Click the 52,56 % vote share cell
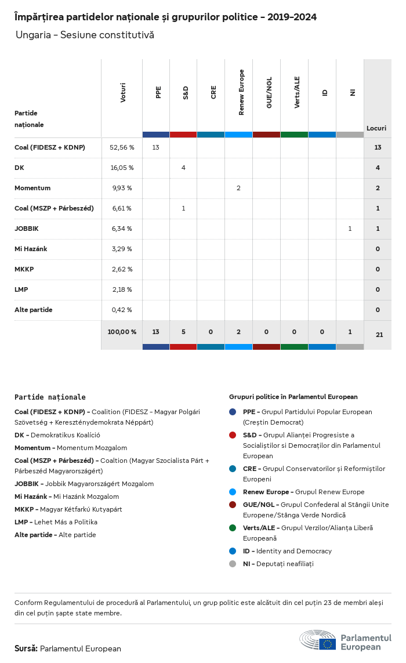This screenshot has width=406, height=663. tap(122, 147)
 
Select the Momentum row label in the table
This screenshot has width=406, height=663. tap(32, 188)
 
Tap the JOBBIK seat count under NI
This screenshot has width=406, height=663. tap(350, 229)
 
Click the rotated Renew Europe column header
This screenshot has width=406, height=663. tap(241, 92)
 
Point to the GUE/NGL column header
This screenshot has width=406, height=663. tap(269, 92)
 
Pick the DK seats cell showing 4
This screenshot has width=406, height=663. tap(183, 168)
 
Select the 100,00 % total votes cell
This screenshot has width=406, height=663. tap(122, 332)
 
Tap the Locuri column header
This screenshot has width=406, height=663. tap(376, 128)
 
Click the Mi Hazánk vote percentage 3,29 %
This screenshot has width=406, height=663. tap(122, 249)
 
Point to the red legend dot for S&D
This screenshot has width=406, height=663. tap(233, 435)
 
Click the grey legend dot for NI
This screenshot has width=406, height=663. tap(233, 564)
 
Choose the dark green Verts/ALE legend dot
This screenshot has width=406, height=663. tap(233, 528)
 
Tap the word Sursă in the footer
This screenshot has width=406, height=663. tap(26, 648)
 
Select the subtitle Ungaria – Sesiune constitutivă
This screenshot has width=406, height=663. tap(85, 35)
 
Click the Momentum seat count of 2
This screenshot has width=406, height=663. tap(238, 188)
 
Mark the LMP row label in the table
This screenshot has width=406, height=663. tap(21, 289)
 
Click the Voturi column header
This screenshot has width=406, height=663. tap(123, 92)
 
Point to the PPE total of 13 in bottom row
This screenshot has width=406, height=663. tap(156, 332)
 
